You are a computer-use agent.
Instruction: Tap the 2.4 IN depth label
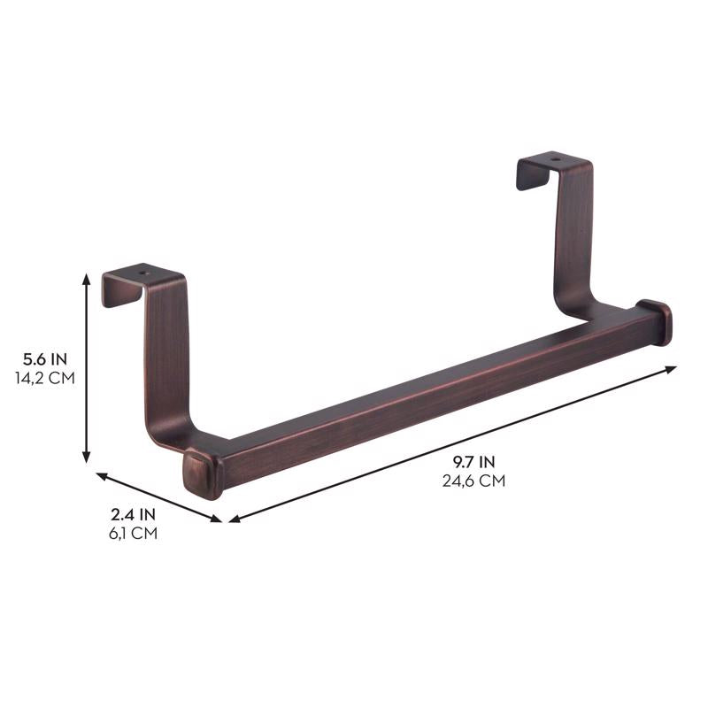click(133, 514)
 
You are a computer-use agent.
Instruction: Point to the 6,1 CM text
click(133, 534)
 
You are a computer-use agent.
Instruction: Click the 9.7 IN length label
click(474, 461)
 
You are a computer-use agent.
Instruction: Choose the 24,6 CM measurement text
click(474, 481)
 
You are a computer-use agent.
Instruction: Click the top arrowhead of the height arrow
click(86, 277)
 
